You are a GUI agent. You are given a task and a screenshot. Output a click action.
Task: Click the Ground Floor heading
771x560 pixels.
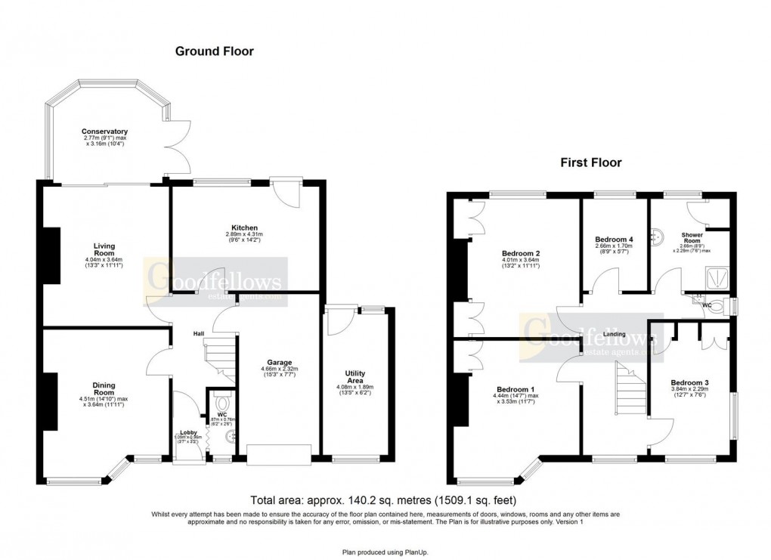pos(215,51)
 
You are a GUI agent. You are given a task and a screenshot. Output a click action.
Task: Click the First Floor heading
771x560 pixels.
pos(590,162)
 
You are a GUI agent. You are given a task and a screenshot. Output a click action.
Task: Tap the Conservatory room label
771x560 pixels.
pos(105,131)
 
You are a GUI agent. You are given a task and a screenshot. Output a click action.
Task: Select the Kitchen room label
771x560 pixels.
pos(245,227)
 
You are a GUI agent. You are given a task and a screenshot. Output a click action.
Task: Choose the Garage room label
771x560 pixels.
pos(279,362)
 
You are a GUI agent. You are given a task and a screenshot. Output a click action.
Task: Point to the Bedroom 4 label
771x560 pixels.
pos(615,240)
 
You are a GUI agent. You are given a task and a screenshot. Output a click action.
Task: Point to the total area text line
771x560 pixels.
pos(385,500)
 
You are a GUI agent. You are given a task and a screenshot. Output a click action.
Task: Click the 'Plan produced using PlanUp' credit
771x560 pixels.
pos(385,552)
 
